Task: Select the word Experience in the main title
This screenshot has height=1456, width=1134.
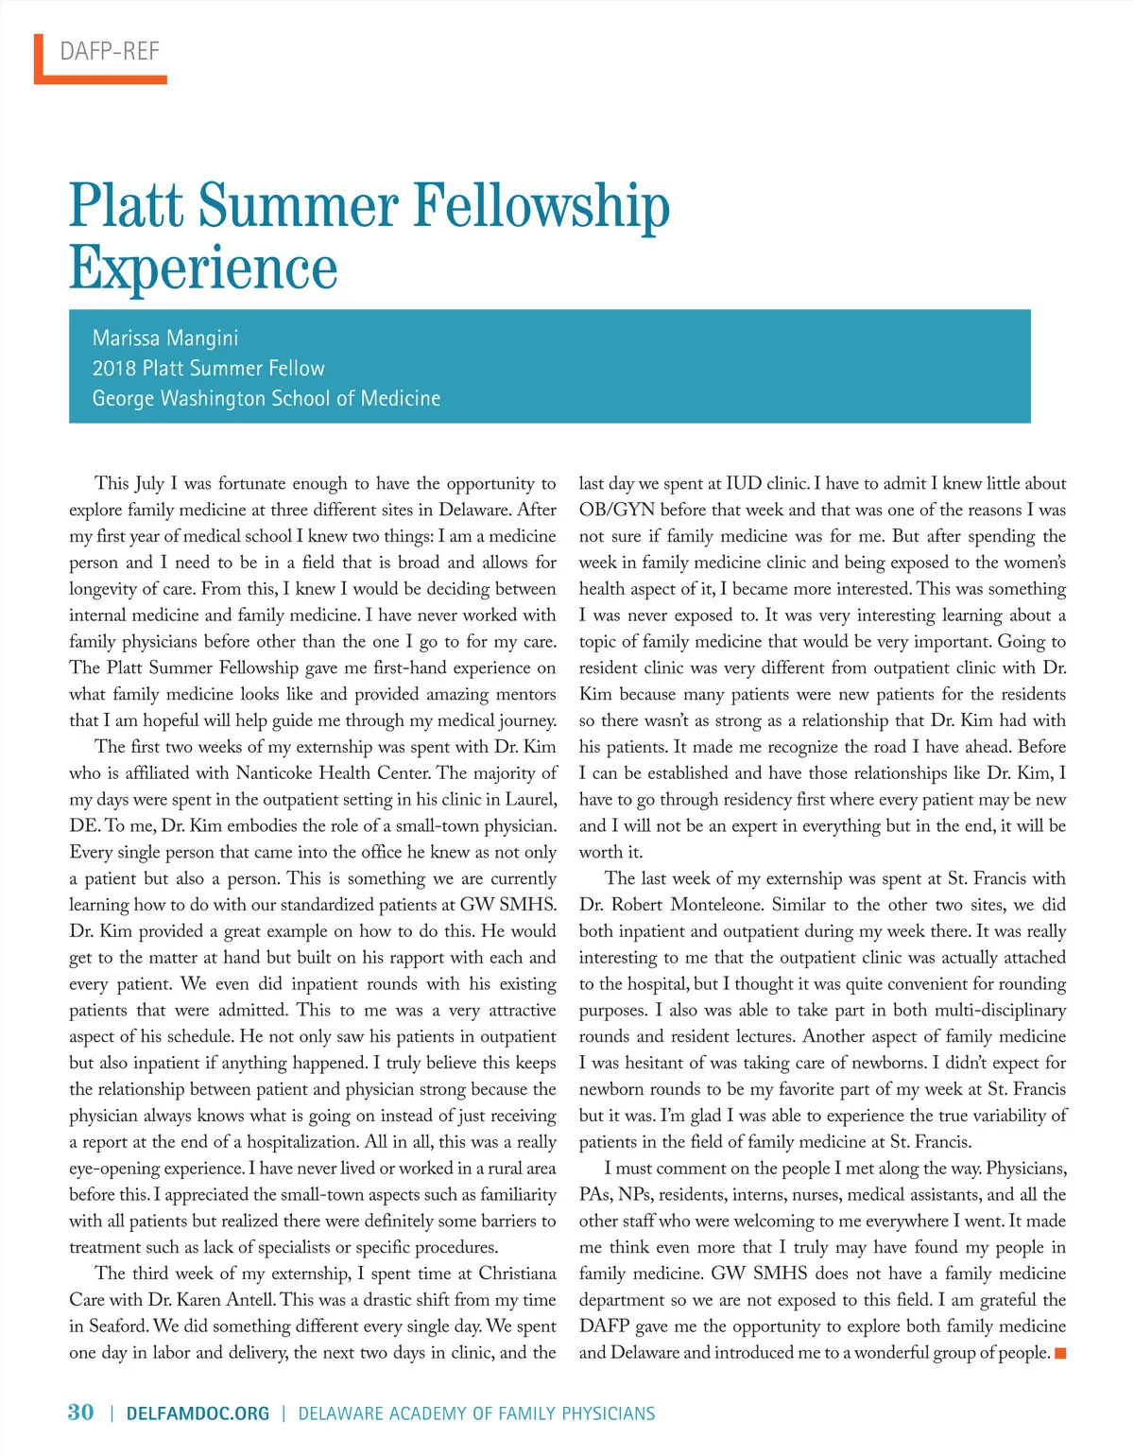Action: click(x=203, y=268)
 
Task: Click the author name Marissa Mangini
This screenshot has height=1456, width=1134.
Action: click(x=165, y=338)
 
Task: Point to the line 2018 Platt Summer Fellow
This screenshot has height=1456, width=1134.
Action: click(x=208, y=368)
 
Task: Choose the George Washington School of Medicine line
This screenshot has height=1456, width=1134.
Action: click(x=266, y=398)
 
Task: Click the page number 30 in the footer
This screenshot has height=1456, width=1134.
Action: click(x=81, y=1413)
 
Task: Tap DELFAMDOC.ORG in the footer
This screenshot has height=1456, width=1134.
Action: click(x=198, y=1413)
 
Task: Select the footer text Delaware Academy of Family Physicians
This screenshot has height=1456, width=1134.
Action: click(x=476, y=1413)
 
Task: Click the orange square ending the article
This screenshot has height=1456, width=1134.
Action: click(x=1060, y=1354)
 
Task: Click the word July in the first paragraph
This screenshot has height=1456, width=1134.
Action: click(x=149, y=483)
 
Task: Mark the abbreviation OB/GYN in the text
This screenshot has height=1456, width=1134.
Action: click(x=617, y=510)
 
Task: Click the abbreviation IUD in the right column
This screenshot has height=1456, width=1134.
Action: click(x=744, y=483)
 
